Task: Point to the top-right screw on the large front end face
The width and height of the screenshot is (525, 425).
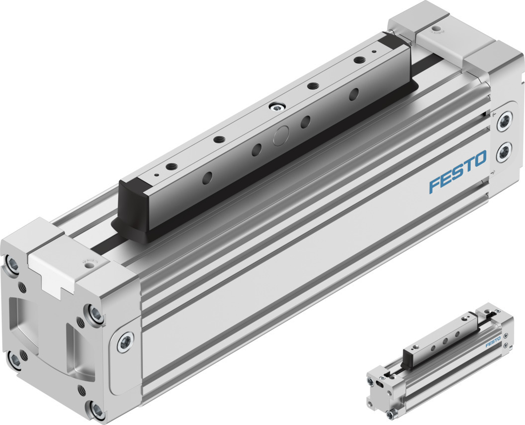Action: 93,313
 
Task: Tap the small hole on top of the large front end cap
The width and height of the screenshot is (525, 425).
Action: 89,266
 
